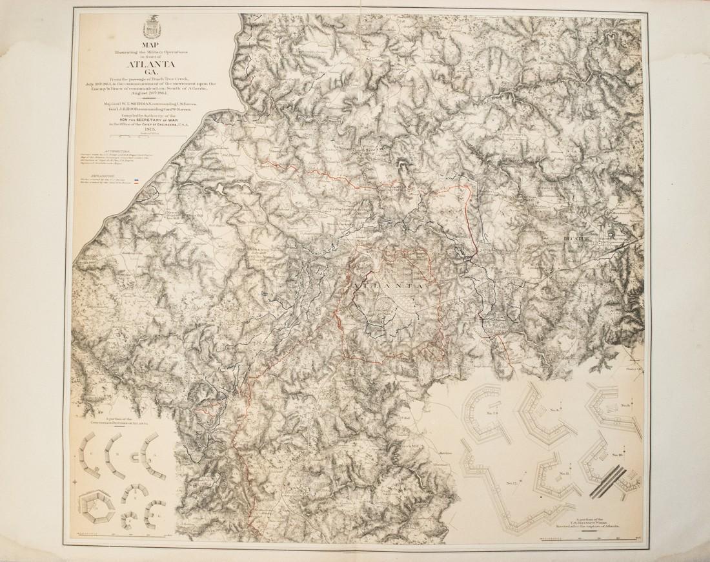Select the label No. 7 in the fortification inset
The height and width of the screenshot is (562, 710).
tap(494, 411)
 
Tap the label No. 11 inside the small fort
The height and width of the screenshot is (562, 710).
tap(563, 474)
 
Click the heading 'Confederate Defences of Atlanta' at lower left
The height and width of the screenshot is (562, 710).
tap(113, 422)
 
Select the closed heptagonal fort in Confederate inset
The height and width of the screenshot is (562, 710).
tap(94, 508)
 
